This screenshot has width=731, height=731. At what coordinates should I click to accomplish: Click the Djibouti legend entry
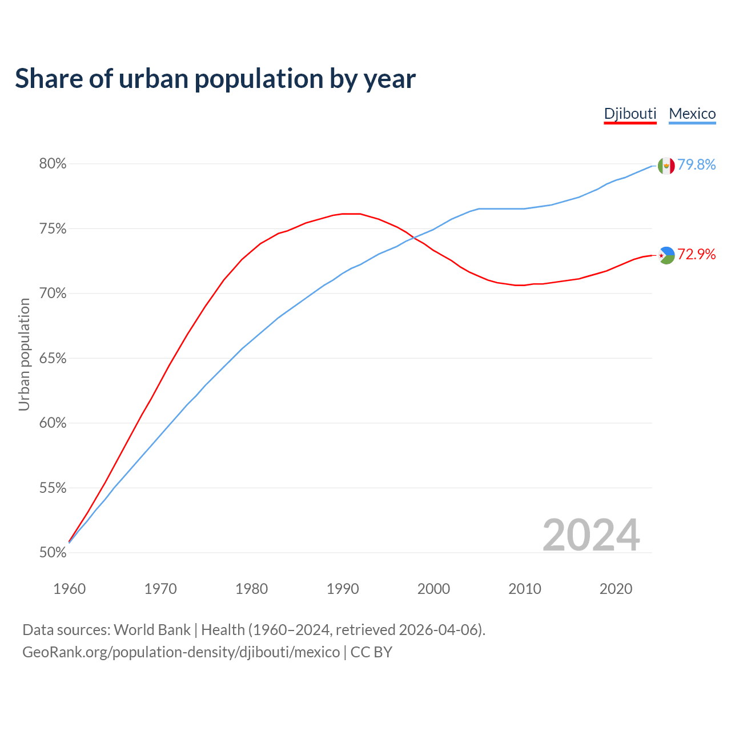click(630, 114)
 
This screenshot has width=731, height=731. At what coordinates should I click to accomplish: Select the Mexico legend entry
click(692, 114)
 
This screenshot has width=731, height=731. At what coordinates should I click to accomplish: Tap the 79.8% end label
click(697, 164)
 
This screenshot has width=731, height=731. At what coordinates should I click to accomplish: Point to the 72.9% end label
click(697, 254)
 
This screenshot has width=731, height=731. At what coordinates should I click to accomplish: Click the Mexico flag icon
click(666, 166)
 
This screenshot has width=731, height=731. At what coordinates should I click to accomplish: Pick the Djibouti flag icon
click(666, 255)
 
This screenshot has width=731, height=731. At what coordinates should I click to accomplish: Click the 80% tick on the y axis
click(53, 164)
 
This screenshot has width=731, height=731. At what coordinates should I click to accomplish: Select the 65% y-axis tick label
click(53, 359)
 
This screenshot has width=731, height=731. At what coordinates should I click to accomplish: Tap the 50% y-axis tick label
click(53, 553)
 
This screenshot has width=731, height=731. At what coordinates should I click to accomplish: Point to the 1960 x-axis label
click(69, 589)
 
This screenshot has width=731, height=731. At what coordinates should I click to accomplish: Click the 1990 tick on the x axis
click(343, 589)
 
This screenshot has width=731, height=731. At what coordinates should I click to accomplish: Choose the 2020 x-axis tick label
click(616, 589)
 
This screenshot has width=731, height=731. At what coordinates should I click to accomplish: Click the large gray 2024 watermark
click(591, 535)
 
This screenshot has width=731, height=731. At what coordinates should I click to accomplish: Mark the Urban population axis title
click(24, 354)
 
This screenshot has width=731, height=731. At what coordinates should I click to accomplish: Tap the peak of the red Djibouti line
click(351, 214)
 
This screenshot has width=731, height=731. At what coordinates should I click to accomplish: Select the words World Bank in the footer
click(152, 630)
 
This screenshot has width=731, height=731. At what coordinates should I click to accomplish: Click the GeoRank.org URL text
click(181, 652)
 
